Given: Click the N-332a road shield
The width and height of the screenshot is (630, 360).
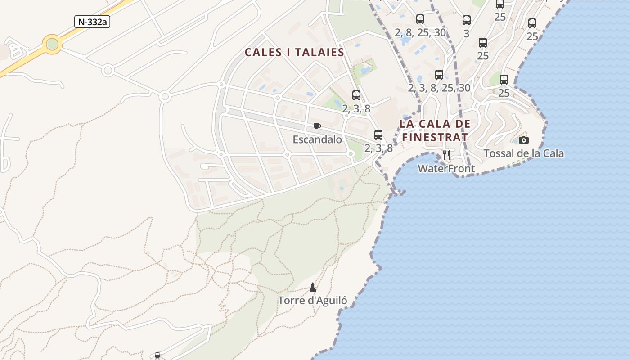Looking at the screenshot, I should click(x=92, y=21).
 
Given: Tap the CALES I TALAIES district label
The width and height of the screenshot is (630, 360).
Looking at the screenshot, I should click(x=294, y=53).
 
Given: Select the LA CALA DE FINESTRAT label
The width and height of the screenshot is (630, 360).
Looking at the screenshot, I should click(x=435, y=130).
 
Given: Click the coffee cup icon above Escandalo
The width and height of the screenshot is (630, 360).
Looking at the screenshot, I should click(x=317, y=127).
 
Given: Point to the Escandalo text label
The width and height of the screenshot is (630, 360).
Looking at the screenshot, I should click(x=317, y=139).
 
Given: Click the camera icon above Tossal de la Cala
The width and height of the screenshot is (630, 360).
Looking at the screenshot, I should click(x=523, y=140).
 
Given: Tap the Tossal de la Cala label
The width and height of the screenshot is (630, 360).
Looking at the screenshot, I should click(x=523, y=153).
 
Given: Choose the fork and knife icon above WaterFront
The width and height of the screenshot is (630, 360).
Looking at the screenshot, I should click(x=446, y=155).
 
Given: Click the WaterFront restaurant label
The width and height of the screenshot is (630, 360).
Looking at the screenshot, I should click(x=446, y=169).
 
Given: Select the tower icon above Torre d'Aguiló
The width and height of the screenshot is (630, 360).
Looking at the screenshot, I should click(x=313, y=287).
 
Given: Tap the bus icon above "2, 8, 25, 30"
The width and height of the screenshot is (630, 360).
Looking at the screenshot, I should click(x=420, y=19).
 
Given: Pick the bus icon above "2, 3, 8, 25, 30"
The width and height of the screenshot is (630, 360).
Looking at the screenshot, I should click(x=439, y=75).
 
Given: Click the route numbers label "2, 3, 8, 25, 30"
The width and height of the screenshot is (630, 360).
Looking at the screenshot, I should click(x=439, y=88).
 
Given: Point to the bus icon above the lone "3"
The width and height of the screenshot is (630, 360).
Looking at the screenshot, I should click(x=467, y=20).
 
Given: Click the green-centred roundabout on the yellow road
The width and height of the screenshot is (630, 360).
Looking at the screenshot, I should click(x=52, y=44).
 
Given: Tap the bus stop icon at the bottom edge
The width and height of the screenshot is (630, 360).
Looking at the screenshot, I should click(x=157, y=356).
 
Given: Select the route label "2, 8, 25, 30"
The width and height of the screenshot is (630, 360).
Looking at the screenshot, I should click(x=420, y=33).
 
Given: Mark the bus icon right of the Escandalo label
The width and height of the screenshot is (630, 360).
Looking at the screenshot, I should click(x=378, y=135).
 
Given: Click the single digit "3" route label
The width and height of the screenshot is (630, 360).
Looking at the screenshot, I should click(x=466, y=33).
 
